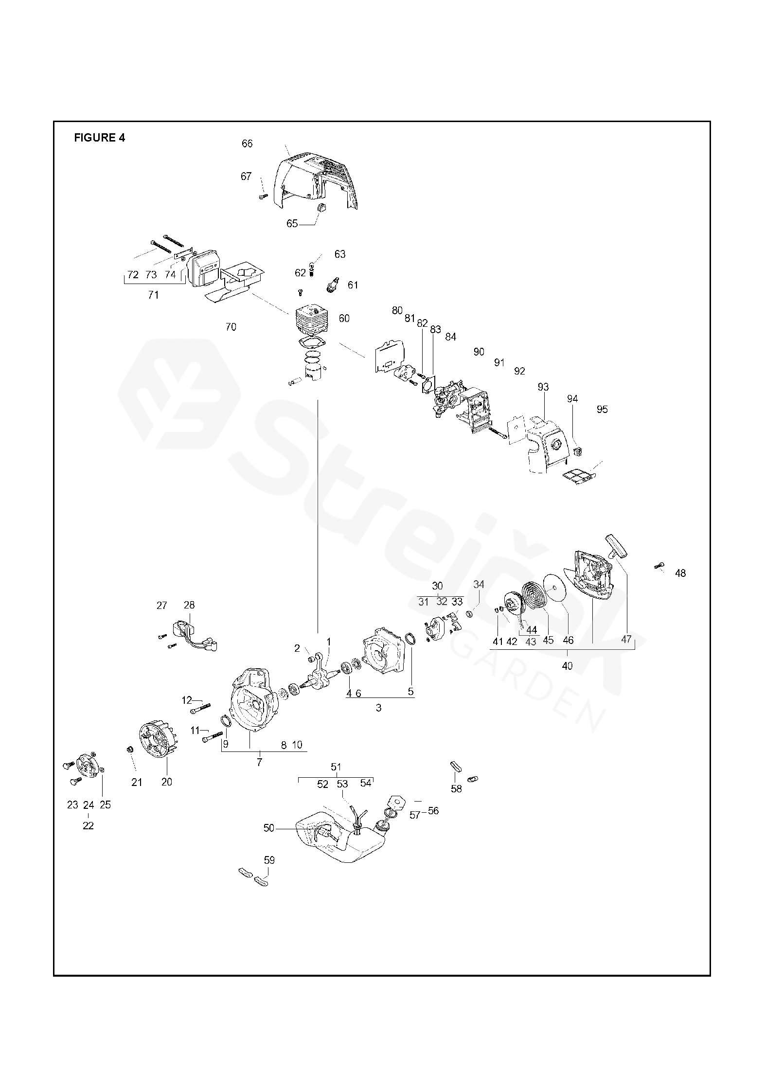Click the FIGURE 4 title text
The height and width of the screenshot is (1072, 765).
99,138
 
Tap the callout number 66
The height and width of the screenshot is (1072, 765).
247,143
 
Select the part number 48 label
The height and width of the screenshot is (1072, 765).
680,573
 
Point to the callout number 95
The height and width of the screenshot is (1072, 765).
602,409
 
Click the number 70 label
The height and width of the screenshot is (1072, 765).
231,327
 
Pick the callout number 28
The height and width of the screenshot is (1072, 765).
189,605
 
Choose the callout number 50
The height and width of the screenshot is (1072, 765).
269,828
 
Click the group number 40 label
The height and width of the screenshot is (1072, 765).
567,666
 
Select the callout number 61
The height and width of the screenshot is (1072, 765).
353,285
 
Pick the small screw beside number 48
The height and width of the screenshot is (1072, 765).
659,565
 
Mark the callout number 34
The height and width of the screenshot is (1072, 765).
479,584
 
